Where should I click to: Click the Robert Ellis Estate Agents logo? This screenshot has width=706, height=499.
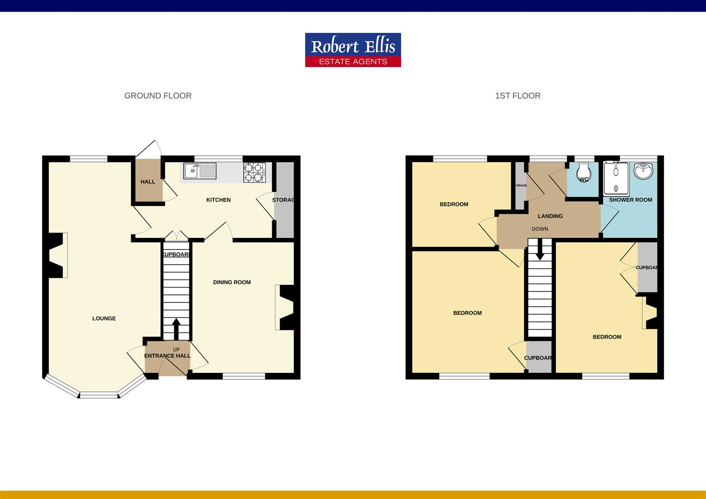[x=353, y=50]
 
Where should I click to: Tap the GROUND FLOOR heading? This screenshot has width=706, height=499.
[x=158, y=96]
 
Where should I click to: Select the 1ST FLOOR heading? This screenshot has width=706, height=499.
[x=517, y=96]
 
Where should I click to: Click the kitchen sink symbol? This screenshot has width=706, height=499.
[x=200, y=171]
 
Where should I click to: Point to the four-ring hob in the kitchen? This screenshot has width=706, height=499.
[x=254, y=172]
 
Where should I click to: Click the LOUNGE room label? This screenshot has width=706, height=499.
[x=104, y=318]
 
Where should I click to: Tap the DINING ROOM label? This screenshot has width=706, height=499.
[x=231, y=282]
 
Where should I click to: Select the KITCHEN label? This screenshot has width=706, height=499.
[x=218, y=200]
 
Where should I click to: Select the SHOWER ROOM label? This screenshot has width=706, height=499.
[x=630, y=200]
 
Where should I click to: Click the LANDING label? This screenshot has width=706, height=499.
[x=550, y=216]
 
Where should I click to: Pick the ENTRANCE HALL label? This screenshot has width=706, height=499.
[x=167, y=356]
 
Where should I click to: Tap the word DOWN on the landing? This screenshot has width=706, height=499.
[x=540, y=229]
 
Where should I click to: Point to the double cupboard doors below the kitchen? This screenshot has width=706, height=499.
[x=176, y=236]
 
